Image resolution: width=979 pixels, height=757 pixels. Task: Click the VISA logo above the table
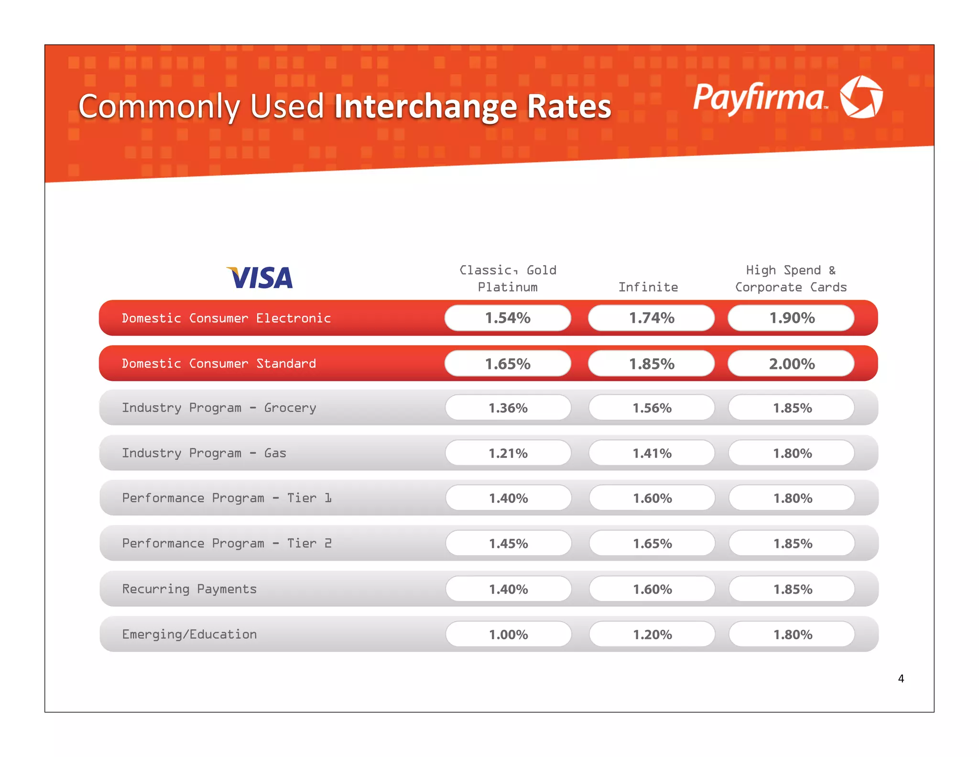click(x=260, y=278)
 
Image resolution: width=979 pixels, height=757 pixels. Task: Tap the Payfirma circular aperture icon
click(x=861, y=97)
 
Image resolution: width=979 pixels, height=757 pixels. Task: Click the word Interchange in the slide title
click(x=425, y=106)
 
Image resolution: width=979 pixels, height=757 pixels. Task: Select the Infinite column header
click(x=648, y=287)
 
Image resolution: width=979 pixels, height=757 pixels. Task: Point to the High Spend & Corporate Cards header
click(x=791, y=278)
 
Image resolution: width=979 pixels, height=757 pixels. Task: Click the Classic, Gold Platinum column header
click(x=508, y=278)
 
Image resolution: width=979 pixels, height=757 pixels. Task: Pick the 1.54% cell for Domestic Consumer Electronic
click(x=508, y=318)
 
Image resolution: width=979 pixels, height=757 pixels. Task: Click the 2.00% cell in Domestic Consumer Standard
click(x=791, y=364)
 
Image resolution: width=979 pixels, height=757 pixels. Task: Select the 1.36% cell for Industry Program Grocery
click(x=508, y=408)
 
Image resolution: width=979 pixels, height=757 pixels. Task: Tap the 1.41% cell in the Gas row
click(x=652, y=453)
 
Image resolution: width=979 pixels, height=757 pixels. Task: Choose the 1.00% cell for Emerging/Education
click(x=508, y=635)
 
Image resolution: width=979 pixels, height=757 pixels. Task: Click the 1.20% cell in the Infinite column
click(x=652, y=635)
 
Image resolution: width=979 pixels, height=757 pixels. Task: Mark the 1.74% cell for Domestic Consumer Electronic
click(x=652, y=318)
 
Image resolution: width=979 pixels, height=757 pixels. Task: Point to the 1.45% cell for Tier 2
click(x=508, y=544)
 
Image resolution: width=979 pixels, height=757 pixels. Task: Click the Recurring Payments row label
click(x=189, y=589)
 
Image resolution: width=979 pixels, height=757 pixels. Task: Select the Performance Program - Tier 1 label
click(x=227, y=498)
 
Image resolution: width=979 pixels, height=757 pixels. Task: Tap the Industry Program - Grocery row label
click(x=219, y=408)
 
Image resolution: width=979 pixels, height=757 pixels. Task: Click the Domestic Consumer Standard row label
click(x=219, y=364)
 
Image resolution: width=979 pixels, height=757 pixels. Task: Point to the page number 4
click(x=901, y=679)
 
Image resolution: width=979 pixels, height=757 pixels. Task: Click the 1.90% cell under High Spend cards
click(x=791, y=318)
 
